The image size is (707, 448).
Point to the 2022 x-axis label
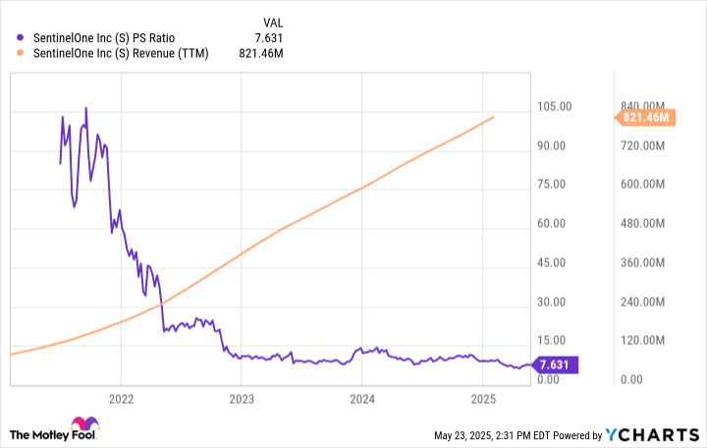point(121,399)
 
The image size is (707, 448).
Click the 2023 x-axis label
point(242,399)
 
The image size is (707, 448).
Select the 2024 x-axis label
point(362,399)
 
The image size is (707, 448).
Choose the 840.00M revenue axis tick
point(642,106)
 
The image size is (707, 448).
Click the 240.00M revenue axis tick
point(642,302)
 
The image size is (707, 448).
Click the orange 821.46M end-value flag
point(645,118)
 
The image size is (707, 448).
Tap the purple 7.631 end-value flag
point(554,365)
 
